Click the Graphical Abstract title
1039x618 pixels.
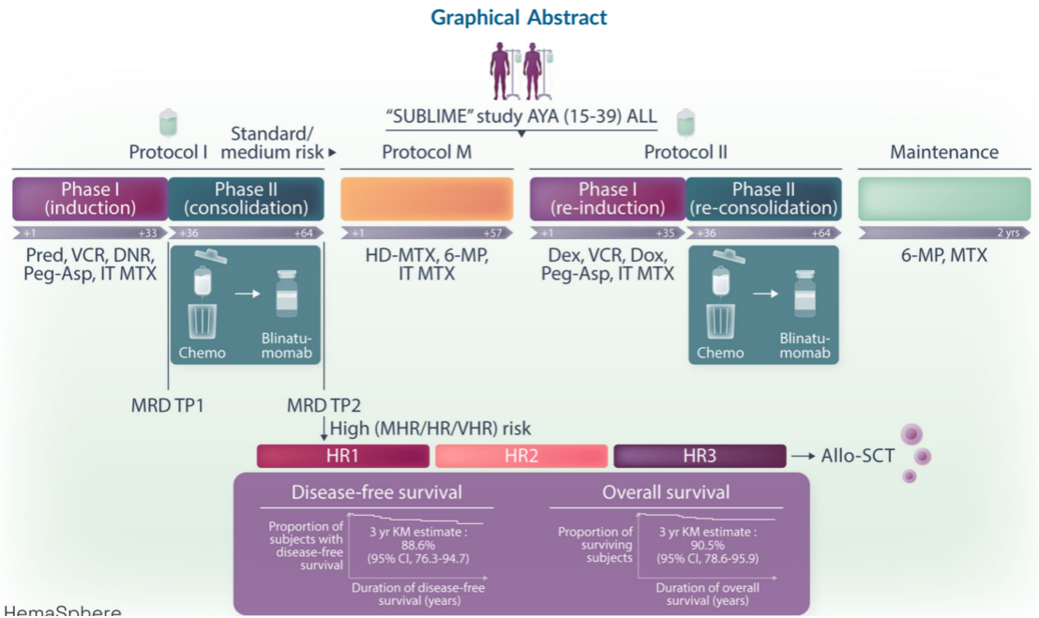[519, 18]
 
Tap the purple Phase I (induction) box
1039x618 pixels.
[89, 199]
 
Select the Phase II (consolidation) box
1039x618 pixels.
[247, 199]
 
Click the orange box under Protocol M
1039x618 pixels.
[427, 199]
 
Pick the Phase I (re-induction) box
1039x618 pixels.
[607, 199]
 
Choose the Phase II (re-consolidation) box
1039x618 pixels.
[763, 199]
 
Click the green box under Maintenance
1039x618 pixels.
[944, 199]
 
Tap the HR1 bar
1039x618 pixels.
[343, 457]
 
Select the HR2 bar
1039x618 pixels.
[521, 457]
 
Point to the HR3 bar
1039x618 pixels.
[700, 457]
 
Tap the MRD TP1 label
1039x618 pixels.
[168, 405]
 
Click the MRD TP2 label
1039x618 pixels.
[324, 405]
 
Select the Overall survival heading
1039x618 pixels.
[666, 492]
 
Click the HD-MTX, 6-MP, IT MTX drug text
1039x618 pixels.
[427, 264]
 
